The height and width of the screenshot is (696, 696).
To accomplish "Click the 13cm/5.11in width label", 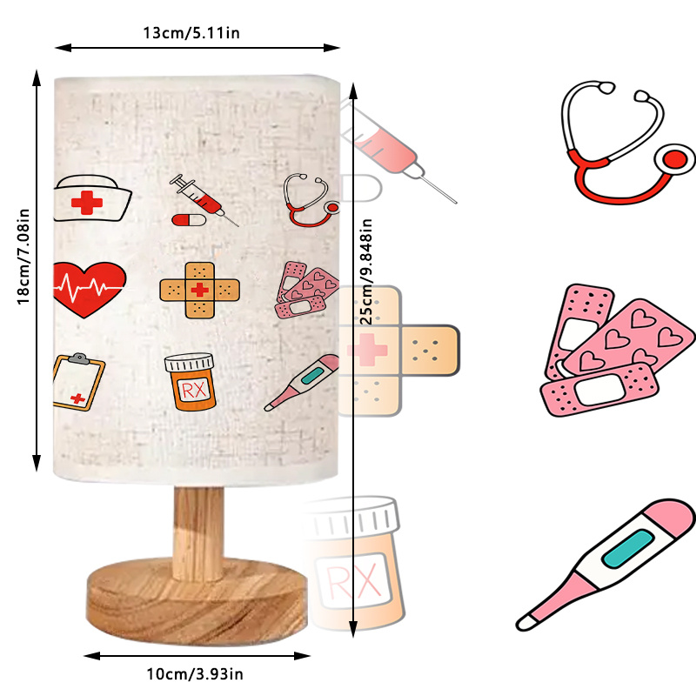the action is coord(191,33).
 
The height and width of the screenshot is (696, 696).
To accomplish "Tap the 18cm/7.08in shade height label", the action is coord(23,257).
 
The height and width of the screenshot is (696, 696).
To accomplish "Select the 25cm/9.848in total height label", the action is coord(365,271).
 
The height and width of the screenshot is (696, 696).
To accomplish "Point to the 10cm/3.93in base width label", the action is coord(195,673).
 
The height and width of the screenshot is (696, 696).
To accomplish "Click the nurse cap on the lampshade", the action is coord(92,198).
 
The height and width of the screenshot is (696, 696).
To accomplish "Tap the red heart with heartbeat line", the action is coord(90,290).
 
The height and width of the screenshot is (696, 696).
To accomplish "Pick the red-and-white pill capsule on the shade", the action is coord(189,220).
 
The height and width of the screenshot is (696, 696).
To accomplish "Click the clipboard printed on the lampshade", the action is coord(78,382).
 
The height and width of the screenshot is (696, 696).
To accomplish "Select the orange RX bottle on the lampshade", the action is coord(190,382).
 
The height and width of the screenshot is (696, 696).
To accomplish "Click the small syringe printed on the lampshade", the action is coord(204,200).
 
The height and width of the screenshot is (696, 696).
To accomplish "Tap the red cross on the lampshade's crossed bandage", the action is coord(200,290).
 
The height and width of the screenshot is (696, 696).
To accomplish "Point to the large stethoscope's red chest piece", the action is coord(674,159).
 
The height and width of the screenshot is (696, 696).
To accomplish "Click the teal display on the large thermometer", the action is coord(627,549).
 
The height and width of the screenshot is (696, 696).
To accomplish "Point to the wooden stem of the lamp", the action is coord(198,533).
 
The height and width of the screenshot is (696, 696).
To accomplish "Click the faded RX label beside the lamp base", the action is coord(354,580).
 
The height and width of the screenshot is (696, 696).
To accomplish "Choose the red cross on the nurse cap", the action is coord(87,203).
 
